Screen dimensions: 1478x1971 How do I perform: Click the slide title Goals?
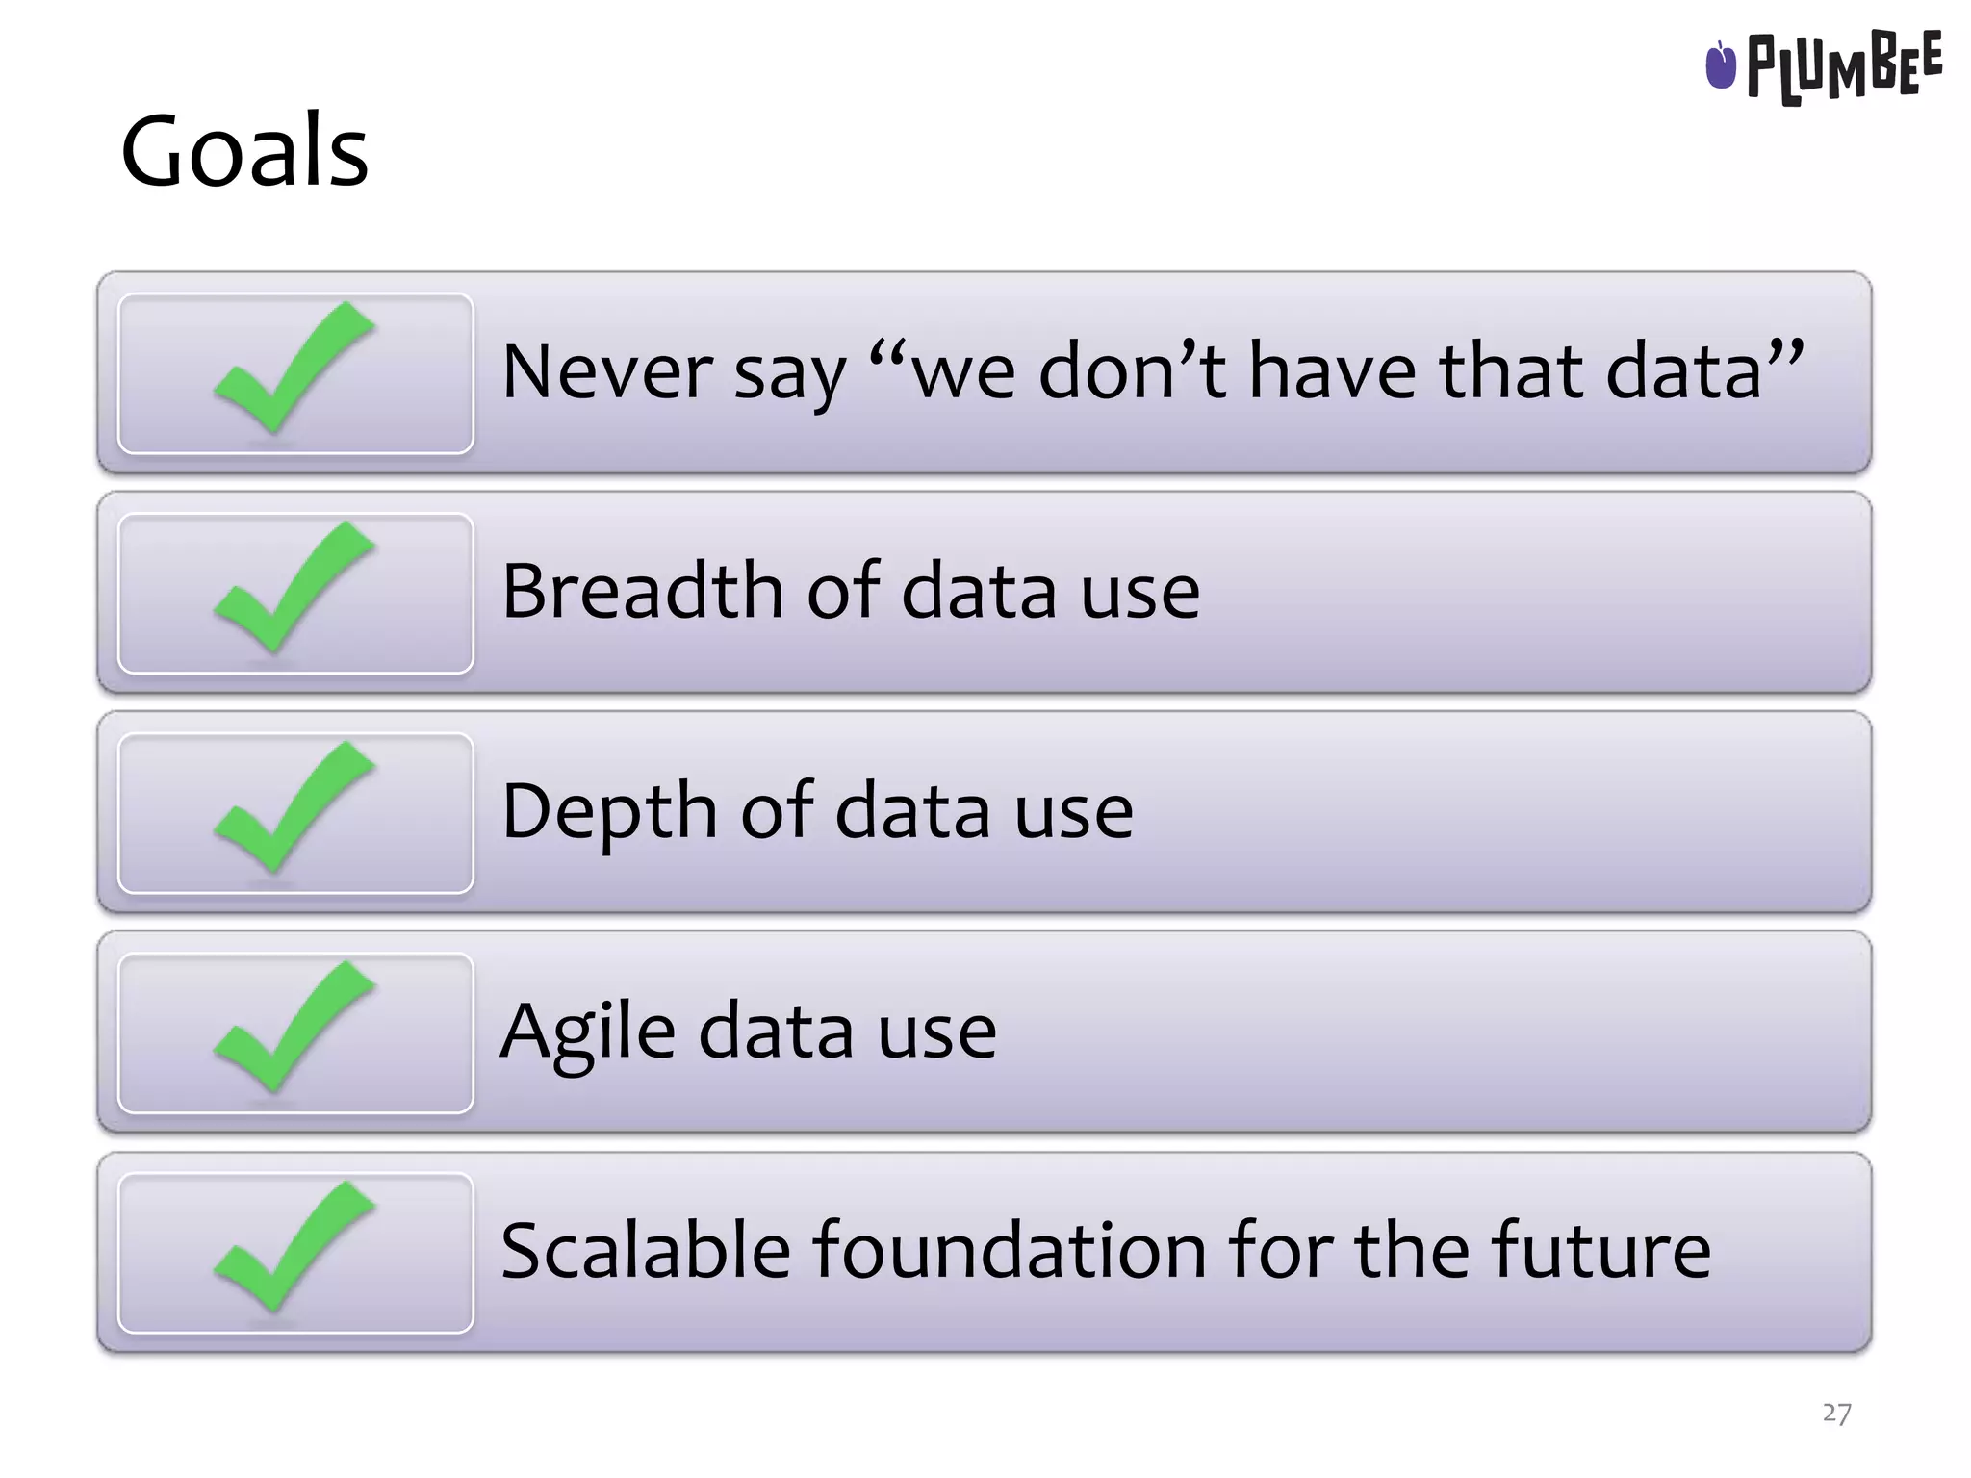coord(244,152)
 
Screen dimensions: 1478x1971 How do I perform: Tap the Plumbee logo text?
coord(1843,67)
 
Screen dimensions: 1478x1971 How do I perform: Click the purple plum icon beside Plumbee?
coord(1720,65)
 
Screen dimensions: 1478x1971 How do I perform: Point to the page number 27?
coord(1836,1413)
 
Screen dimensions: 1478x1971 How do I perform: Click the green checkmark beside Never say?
coord(291,370)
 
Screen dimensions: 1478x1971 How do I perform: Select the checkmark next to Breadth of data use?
coord(291,590)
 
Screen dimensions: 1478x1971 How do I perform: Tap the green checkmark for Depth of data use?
coord(291,810)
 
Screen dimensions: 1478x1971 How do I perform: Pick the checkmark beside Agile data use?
coord(291,1030)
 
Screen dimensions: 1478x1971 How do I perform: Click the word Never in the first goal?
coord(606,371)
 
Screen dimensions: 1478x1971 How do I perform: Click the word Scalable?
coord(645,1250)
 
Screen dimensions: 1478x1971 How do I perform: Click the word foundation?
coord(1010,1250)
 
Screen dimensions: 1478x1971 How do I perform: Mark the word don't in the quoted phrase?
coord(1132,371)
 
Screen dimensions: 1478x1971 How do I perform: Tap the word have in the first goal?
coord(1332,371)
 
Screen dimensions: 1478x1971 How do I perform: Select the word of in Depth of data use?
coord(776,811)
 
